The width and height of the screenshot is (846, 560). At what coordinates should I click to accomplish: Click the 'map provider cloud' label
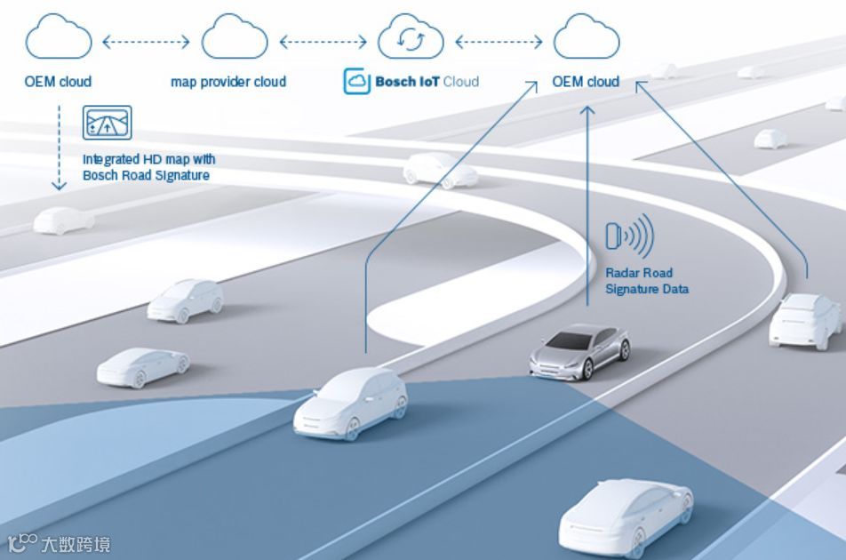point(228,82)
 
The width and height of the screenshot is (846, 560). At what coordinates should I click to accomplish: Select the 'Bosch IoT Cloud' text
point(426,82)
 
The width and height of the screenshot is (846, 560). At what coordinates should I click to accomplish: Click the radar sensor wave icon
point(629,236)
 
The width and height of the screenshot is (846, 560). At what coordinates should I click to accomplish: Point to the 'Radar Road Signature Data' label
point(647,281)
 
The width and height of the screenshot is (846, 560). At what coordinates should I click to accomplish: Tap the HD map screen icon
point(107,123)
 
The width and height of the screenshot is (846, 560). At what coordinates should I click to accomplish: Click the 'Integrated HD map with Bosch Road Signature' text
point(148,167)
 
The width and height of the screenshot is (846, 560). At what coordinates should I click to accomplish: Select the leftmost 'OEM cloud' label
point(58,82)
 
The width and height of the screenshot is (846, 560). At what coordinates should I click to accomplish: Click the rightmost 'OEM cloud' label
point(586,82)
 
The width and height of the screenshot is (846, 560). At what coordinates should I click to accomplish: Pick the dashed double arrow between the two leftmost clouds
point(147,41)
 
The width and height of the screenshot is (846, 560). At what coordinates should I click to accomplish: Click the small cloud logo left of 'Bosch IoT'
point(356,82)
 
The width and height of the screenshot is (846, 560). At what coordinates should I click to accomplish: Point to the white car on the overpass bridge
point(441,169)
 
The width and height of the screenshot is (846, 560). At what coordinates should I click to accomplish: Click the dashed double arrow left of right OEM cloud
point(499,41)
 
